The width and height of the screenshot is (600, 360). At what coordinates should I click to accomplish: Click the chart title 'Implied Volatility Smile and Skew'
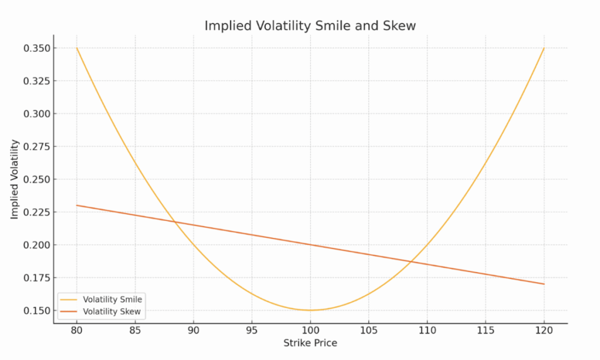(310, 26)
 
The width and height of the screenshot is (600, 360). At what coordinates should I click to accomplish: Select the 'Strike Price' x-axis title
(310, 342)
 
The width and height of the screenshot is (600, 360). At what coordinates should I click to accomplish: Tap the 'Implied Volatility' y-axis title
(15, 179)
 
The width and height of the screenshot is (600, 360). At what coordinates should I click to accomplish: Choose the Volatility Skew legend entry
(111, 311)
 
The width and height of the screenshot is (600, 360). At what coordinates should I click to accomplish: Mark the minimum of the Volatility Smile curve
(311, 310)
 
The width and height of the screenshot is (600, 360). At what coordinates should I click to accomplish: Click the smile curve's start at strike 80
(77, 48)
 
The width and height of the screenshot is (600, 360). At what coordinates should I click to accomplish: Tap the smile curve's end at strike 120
(544, 48)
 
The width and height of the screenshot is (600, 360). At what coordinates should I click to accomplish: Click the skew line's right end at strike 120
(544, 284)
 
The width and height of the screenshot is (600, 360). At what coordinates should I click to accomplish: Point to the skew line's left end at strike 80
(77, 205)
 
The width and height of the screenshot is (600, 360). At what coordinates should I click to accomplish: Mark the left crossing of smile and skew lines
(174, 222)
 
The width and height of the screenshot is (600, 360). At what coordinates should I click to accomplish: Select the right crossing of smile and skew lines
(411, 261)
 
